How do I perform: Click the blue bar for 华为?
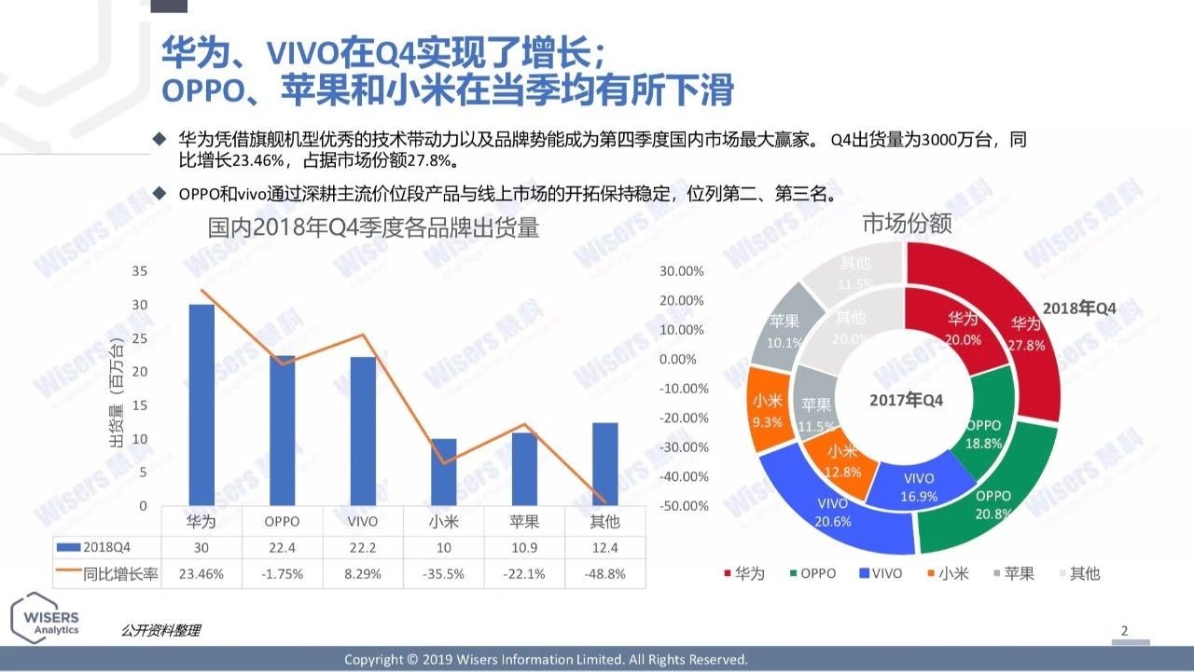click(201, 405)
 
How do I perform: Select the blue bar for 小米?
click(444, 473)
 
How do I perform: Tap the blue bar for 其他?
click(604, 464)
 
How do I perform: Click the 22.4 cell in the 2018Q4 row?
click(282, 547)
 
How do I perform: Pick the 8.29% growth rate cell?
click(363, 574)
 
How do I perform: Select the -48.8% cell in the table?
click(604, 574)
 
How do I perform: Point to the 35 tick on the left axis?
click(140, 271)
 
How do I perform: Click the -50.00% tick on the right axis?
click(683, 506)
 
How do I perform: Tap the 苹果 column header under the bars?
click(524, 521)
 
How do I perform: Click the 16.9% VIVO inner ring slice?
click(919, 487)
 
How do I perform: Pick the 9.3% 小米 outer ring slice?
click(768, 410)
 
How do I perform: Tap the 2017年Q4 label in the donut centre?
click(906, 400)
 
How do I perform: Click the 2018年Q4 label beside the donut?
click(1079, 309)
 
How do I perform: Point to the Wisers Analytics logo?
click(47, 617)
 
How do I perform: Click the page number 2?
click(1124, 631)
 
